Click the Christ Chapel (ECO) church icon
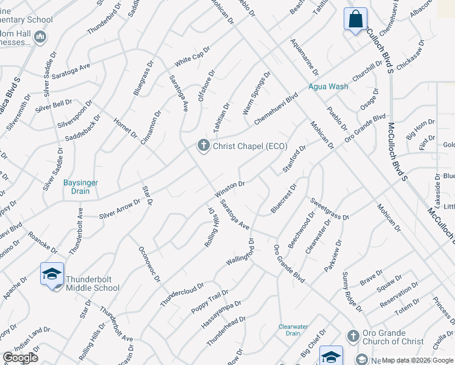203,145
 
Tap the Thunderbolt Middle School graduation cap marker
52,274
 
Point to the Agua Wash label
328,86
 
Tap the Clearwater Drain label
290,329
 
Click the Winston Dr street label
229,189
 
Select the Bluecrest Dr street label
283,198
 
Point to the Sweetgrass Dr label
330,208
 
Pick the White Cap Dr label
192,57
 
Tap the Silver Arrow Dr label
120,207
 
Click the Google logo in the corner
21,358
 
